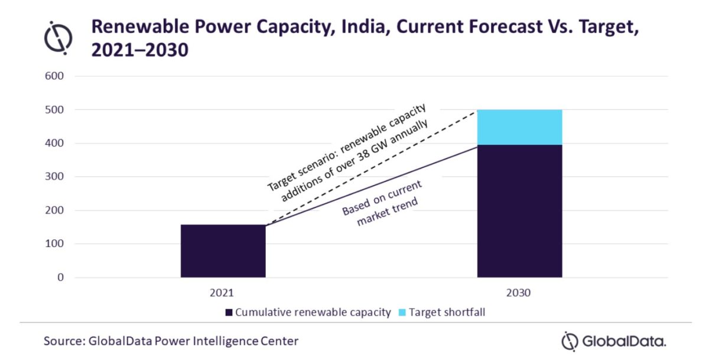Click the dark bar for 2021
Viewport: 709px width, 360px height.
[x=223, y=251]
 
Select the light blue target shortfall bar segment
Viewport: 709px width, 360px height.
[x=519, y=127]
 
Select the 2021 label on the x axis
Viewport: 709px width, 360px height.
[x=223, y=293]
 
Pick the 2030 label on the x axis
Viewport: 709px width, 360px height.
[x=519, y=293]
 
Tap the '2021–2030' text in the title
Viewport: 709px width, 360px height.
[x=139, y=51]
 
